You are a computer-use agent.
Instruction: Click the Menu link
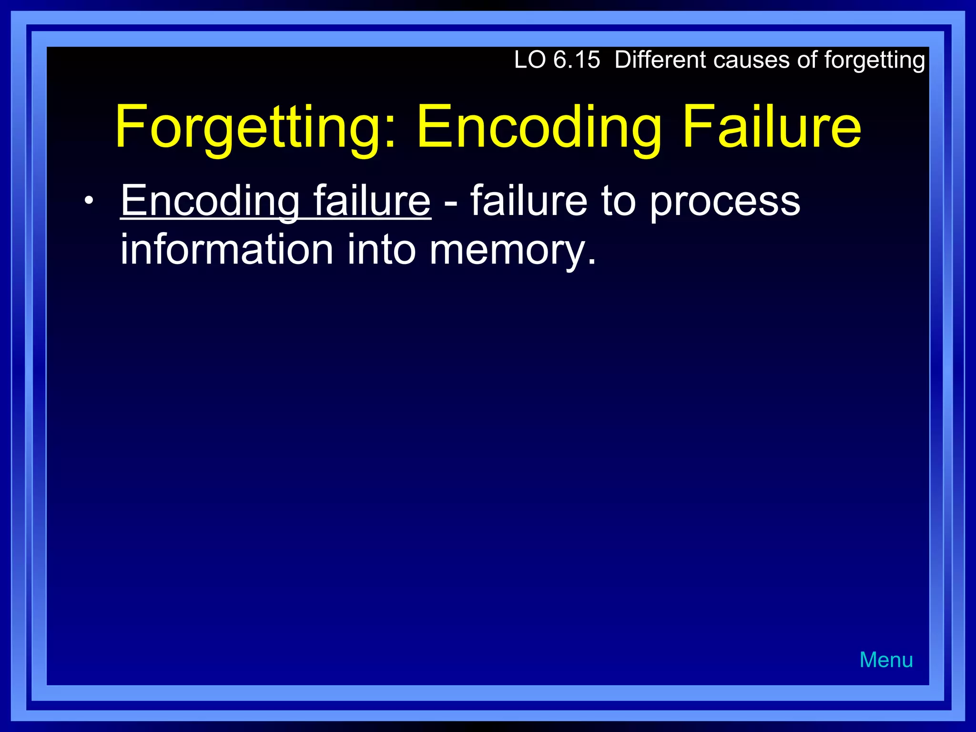(x=886, y=660)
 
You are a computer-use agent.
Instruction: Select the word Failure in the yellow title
(x=772, y=126)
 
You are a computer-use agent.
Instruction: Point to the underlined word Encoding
(x=210, y=201)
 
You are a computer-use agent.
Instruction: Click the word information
(x=226, y=249)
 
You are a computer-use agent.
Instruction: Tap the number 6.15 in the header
(x=577, y=60)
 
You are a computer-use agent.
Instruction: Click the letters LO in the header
(x=529, y=60)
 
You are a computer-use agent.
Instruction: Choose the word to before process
(x=618, y=201)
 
